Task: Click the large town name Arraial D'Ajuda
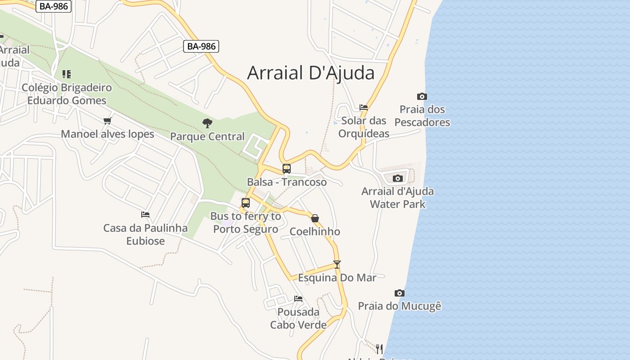pos(310,73)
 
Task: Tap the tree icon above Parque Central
pos(207,123)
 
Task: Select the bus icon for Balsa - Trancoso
pos(287,169)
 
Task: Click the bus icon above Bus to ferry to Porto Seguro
pos(245,203)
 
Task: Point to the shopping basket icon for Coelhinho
pos(315,218)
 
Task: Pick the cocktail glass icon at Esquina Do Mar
pos(337,265)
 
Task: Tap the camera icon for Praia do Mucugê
pos(399,293)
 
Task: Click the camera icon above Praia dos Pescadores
pos(422,96)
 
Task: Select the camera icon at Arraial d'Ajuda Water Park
pos(397,178)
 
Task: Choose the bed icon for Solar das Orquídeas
pos(364,108)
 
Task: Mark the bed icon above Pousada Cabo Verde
pos(298,298)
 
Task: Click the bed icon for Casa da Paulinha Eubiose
pos(145,215)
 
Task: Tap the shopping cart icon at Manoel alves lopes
pos(107,121)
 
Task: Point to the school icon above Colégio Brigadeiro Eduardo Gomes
pos(67,74)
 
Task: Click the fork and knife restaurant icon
pos(379,349)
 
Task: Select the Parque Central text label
pos(207,136)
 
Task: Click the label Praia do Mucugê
pos(400,306)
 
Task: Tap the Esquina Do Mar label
pos(337,278)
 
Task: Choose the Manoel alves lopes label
pos(108,134)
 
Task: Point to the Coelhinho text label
pos(315,232)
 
